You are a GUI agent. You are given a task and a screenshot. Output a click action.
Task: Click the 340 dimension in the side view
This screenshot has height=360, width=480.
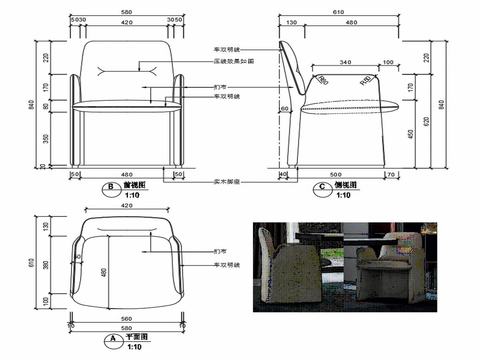pyautogui.click(x=345, y=63)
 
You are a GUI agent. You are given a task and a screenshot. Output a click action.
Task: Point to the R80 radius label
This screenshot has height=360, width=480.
pyautogui.click(x=323, y=79)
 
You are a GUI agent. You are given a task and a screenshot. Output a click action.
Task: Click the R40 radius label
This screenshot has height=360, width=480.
pyautogui.click(x=365, y=80)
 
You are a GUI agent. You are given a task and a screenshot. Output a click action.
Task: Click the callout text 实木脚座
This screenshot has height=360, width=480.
pyautogui.click(x=228, y=180)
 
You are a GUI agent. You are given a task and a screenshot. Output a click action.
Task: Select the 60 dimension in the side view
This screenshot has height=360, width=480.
pyautogui.click(x=285, y=108)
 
